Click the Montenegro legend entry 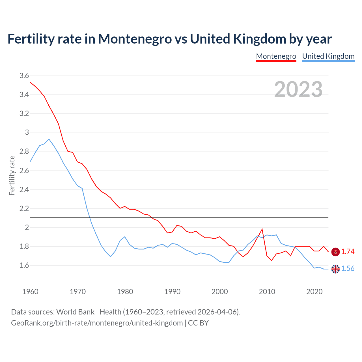[x=276, y=56]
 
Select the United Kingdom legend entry [x=328, y=56]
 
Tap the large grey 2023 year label [x=298, y=89]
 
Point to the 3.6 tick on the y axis [x=24, y=76]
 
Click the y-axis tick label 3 [x=27, y=132]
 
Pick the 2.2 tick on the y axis [x=24, y=208]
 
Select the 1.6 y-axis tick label [x=24, y=265]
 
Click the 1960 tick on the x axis [x=30, y=292]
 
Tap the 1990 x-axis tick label [x=172, y=292]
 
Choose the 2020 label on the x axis [x=314, y=292]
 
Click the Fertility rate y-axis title [x=12, y=175]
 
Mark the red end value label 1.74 [x=348, y=252]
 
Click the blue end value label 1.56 [x=348, y=269]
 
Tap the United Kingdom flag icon [x=335, y=269]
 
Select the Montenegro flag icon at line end [x=335, y=252]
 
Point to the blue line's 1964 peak [x=49, y=139]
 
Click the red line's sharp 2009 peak [x=262, y=229]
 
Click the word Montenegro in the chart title [x=135, y=39]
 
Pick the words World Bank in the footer [x=75, y=312]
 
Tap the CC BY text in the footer [x=198, y=323]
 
